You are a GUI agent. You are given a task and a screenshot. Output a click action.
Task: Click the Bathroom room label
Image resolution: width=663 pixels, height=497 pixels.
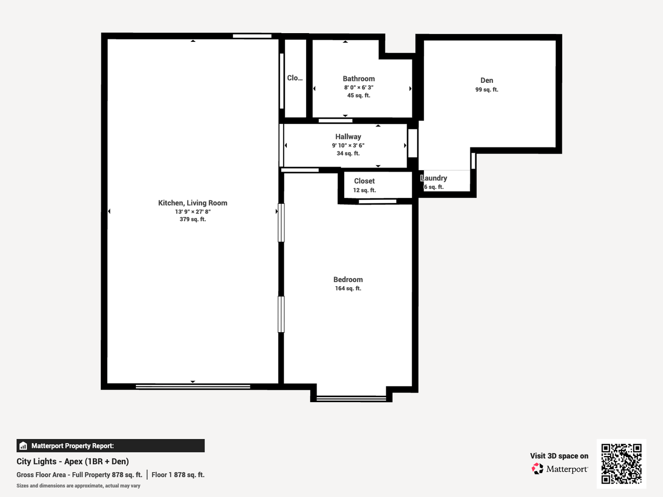(x=359, y=79)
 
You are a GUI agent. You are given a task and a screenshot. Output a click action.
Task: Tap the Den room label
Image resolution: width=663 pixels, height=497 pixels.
(x=487, y=80)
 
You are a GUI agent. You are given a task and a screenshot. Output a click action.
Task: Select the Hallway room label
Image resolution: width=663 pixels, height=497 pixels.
(x=348, y=137)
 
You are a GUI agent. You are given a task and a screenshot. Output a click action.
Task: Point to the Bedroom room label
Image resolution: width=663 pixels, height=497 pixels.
(x=348, y=279)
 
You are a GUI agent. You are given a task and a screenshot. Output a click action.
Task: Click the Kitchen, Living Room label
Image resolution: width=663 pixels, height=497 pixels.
(x=193, y=203)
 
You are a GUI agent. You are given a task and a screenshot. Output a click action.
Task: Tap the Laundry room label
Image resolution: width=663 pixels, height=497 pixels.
(x=434, y=178)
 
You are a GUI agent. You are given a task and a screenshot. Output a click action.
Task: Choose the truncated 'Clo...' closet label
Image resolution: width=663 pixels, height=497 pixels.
(x=295, y=78)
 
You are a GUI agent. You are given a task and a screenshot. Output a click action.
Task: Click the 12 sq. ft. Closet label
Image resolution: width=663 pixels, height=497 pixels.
(x=364, y=181)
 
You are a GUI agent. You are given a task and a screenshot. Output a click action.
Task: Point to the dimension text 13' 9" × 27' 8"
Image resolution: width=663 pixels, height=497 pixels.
(x=193, y=212)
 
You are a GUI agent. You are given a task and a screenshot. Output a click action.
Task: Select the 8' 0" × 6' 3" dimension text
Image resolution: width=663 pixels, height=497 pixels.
(x=359, y=87)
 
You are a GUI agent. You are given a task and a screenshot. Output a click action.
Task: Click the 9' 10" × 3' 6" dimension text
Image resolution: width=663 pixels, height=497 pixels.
(x=348, y=145)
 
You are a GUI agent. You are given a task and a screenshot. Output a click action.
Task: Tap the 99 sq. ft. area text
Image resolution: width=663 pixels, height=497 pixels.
(x=487, y=90)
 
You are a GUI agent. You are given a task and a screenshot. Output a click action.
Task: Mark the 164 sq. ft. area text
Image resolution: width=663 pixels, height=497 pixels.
(x=348, y=289)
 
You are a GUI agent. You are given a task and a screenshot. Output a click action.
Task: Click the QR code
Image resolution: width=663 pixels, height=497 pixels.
(x=621, y=463)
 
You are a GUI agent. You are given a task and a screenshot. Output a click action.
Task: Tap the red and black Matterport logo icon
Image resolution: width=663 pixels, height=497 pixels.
(x=537, y=468)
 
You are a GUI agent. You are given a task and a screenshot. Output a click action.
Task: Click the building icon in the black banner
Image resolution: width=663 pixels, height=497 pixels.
(x=23, y=446)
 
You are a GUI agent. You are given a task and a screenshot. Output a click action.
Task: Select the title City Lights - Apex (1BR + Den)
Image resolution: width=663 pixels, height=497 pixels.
(x=73, y=462)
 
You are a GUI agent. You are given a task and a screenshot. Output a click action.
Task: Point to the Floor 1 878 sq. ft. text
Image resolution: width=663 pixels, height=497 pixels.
(x=178, y=474)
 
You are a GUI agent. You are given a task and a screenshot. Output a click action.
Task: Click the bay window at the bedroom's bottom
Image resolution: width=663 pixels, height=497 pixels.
(x=351, y=399)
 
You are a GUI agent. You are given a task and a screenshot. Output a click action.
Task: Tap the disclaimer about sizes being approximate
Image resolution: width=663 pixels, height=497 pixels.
(x=78, y=486)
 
